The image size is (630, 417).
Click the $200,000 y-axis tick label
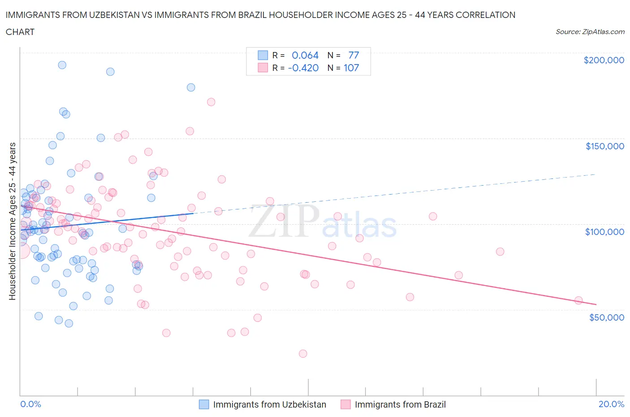point(604,60)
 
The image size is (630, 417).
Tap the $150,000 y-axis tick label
point(604,146)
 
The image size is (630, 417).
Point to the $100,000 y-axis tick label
point(604,232)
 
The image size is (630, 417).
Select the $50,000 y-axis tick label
point(606,317)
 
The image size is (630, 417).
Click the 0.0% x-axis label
point(30,404)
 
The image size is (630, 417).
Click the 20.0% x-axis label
point(611,404)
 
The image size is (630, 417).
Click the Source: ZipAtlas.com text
point(590,32)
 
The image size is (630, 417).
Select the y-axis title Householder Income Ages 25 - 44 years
point(13,221)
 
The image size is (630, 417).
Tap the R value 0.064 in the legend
point(305,55)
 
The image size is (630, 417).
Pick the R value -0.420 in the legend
point(303,68)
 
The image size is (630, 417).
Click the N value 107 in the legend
point(351,68)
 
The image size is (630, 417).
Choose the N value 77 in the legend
point(354,55)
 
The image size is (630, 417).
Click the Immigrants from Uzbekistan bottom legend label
point(269,404)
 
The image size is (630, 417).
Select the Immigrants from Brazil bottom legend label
point(400,404)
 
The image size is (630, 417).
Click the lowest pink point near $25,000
point(303,353)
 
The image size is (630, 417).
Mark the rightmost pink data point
point(578,300)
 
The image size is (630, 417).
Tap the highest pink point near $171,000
point(211,102)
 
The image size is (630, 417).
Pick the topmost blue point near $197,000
point(62,65)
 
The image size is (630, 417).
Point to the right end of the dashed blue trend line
point(595,174)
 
